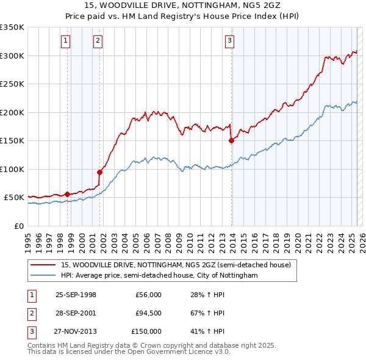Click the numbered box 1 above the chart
(65, 41)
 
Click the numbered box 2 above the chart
(98, 41)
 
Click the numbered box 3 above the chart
(229, 41)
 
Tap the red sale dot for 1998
(67, 194)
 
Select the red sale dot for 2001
(99, 172)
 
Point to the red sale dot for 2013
(231, 140)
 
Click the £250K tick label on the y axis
(12, 84)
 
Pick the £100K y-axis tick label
(12, 169)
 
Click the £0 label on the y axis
(18, 226)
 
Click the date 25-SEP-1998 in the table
(76, 295)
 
